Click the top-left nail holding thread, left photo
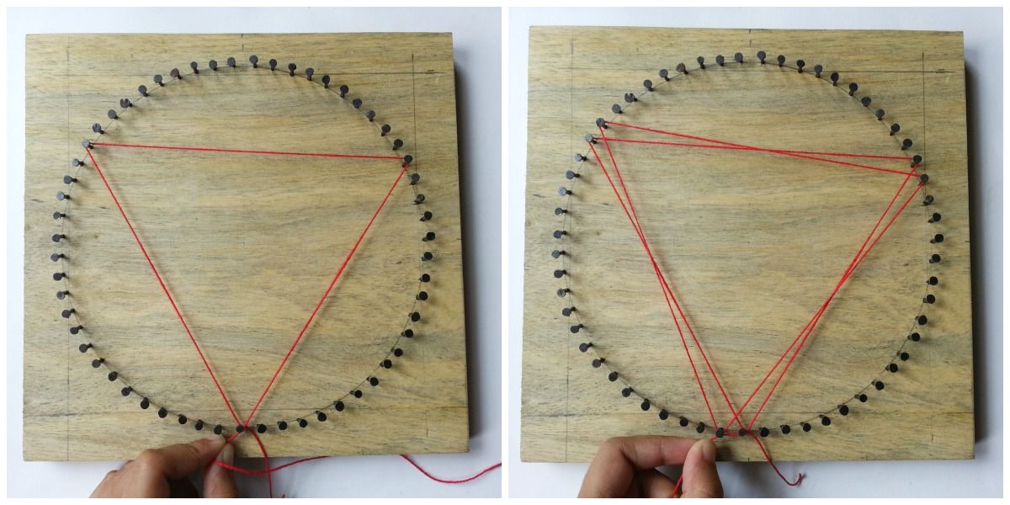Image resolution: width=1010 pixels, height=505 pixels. pyautogui.click(x=87, y=144)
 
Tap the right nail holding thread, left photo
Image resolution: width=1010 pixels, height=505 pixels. pyautogui.click(x=408, y=158)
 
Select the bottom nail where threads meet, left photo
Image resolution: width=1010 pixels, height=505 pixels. pyautogui.click(x=244, y=428)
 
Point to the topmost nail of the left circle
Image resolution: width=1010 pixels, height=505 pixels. pyautogui.click(x=253, y=60)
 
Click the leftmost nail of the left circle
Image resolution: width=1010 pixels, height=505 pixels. pyautogui.click(x=56, y=237)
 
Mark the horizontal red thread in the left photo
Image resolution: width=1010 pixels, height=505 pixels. pyautogui.click(x=244, y=151)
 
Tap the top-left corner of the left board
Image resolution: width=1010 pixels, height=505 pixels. pyautogui.click(x=27, y=35)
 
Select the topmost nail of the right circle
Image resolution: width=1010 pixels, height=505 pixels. pyautogui.click(x=761, y=56)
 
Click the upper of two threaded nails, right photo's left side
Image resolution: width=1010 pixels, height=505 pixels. pyautogui.click(x=600, y=123)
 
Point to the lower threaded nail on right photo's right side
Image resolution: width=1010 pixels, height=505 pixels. pyautogui.click(x=923, y=178)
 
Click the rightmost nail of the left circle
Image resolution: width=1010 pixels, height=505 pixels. pyautogui.click(x=431, y=237)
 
